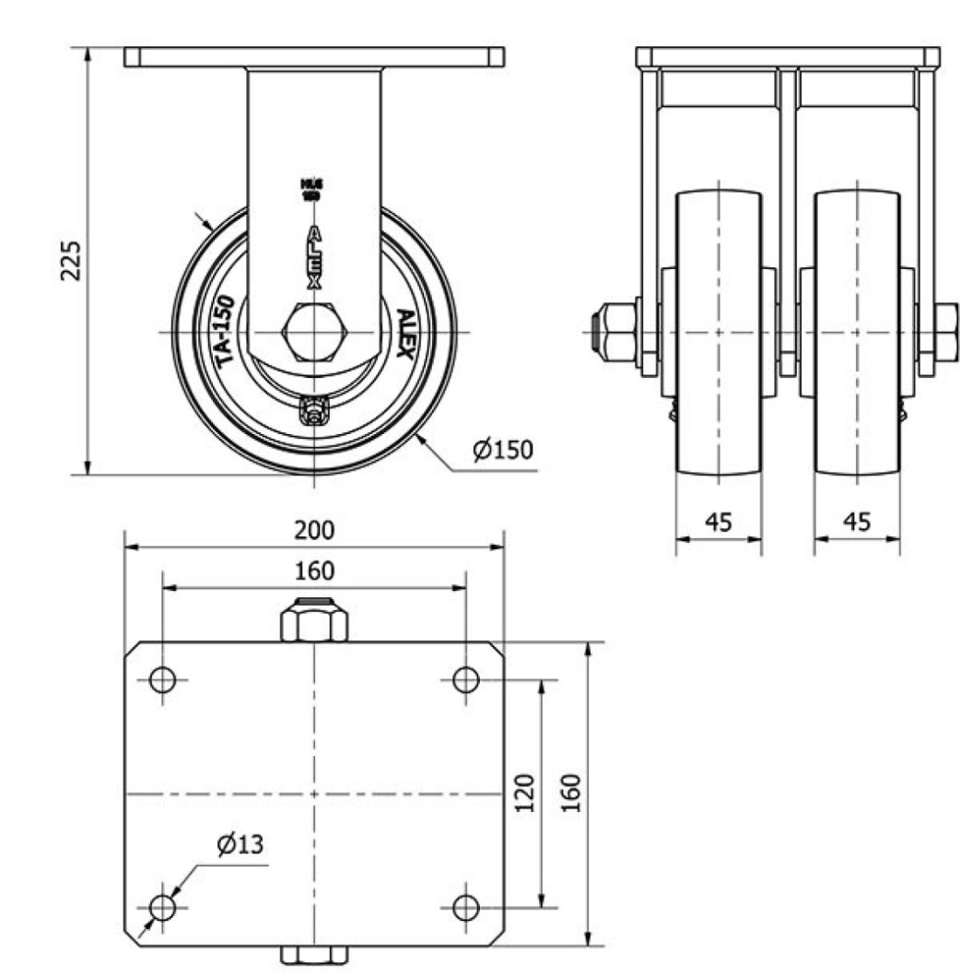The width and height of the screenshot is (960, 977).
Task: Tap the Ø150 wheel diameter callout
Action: point(502,451)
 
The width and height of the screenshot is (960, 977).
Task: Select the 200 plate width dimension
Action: point(314,530)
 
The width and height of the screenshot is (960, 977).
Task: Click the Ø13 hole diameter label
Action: point(240,844)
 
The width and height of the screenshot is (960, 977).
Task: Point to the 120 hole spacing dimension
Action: point(524,794)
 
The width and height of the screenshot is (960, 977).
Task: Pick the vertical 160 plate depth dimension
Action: point(571,794)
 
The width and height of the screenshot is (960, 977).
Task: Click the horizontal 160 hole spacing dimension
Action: point(314,571)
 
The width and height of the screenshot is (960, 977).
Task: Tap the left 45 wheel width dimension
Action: point(719,522)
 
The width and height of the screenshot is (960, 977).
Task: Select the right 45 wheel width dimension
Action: point(857,522)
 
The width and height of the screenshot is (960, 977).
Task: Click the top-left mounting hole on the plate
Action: point(163,680)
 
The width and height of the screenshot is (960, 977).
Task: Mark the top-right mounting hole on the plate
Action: point(466,680)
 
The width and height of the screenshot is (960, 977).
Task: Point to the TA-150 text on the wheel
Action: point(227,333)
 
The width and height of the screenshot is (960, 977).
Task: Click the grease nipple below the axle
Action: point(315,410)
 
